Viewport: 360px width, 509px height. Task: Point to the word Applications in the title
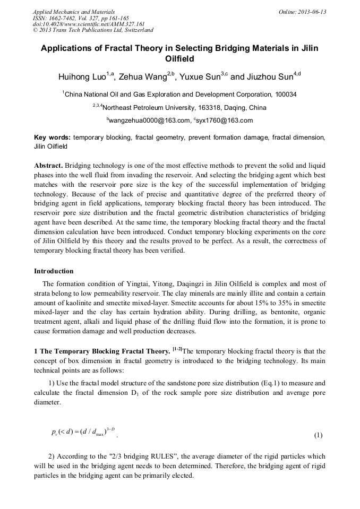click(x=71, y=48)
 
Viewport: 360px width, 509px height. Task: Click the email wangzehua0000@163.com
click(x=150, y=120)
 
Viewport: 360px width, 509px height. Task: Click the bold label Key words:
click(x=52, y=137)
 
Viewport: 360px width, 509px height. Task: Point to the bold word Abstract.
click(x=48, y=165)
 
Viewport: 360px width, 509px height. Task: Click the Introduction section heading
click(x=54, y=271)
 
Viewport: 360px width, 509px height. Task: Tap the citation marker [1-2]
click(x=176, y=349)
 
